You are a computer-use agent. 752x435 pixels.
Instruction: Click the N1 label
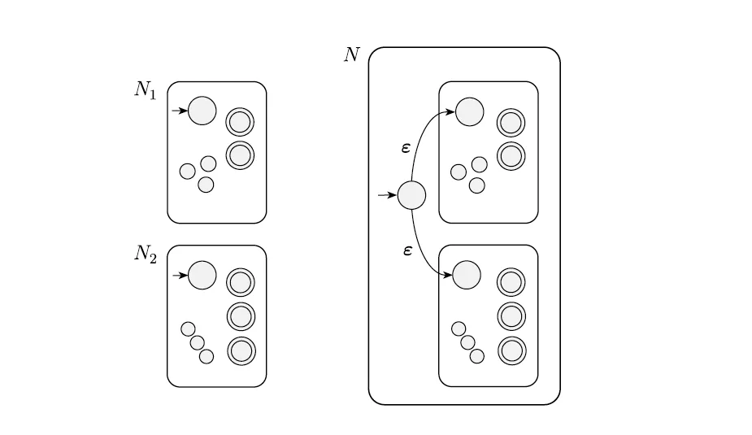146,90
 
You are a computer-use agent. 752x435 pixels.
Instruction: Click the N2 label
146,254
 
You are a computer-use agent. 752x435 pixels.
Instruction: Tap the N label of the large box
351,54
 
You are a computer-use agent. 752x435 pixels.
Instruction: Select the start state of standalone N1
202,111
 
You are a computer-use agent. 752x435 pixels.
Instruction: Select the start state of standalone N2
202,276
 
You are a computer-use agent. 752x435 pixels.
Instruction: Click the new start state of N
411,196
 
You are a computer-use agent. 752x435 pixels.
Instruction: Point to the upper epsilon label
406,148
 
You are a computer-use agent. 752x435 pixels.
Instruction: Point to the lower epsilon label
407,250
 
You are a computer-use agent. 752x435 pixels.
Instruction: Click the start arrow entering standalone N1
180,111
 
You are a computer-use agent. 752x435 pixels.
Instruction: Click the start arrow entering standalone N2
180,276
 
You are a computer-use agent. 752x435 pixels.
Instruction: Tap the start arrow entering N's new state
388,195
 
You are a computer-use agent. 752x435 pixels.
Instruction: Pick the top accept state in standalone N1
240,122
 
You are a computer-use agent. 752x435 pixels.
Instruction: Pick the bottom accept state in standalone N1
240,155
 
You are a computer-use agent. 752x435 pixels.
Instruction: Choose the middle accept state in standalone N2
241,316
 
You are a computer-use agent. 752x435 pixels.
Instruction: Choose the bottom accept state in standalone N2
241,351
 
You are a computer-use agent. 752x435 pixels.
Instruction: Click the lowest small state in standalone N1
206,185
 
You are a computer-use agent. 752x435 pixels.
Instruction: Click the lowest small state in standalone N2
206,356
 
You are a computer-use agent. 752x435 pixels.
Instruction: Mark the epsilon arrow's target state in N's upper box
470,111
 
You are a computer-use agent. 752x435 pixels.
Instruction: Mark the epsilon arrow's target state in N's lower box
467,276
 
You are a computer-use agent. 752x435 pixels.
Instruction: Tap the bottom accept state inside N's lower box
511,351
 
